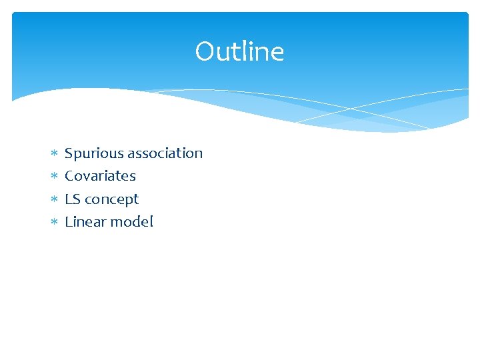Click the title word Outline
239,52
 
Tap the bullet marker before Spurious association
53,154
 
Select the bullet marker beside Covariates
53,177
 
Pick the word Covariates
100,176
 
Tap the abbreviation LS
72,199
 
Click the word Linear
85,222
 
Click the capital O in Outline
204,52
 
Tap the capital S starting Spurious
69,153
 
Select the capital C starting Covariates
69,176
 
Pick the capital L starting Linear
68,222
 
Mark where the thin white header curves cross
352,107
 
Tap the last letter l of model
151,222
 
